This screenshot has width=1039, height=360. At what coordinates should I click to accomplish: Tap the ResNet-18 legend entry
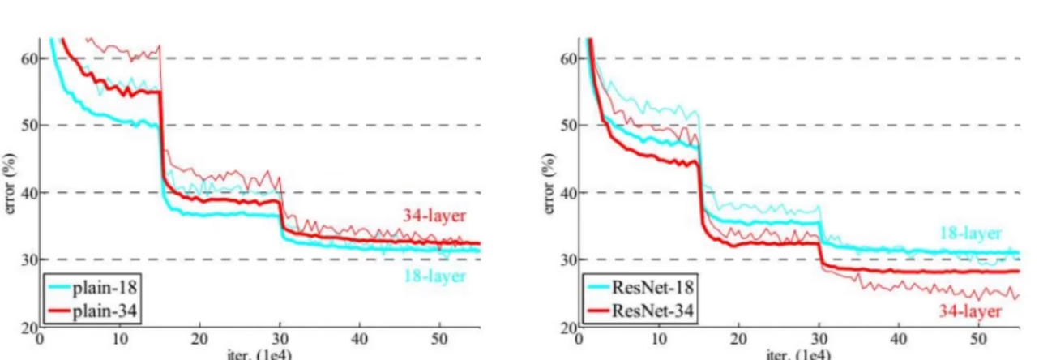coord(640,288)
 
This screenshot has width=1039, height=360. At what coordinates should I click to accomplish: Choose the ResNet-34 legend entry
coord(640,311)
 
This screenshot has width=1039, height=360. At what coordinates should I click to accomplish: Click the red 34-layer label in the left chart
coord(434,216)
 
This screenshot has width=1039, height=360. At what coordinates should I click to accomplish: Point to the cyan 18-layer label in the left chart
coord(434,276)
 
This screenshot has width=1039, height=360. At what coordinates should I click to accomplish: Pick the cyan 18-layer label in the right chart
coord(970,234)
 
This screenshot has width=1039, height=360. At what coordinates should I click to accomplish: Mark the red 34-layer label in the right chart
coord(970,311)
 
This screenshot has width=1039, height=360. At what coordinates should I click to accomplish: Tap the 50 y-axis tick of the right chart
coord(568,126)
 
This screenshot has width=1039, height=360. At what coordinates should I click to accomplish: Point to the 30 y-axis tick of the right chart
coord(568,259)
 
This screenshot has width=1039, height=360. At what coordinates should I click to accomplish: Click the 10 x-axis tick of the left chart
coord(120,339)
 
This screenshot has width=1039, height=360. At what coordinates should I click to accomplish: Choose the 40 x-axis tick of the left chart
coord(360,339)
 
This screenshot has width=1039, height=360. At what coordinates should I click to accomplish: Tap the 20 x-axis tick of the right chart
coord(739,339)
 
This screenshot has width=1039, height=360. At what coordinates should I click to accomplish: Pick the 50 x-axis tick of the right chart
coord(979,339)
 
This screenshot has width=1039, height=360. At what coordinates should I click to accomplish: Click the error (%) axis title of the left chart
coord(10,184)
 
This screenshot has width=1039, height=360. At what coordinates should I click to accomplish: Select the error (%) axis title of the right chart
coord(549,184)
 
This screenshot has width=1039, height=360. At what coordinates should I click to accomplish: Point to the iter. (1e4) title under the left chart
coord(259,355)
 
